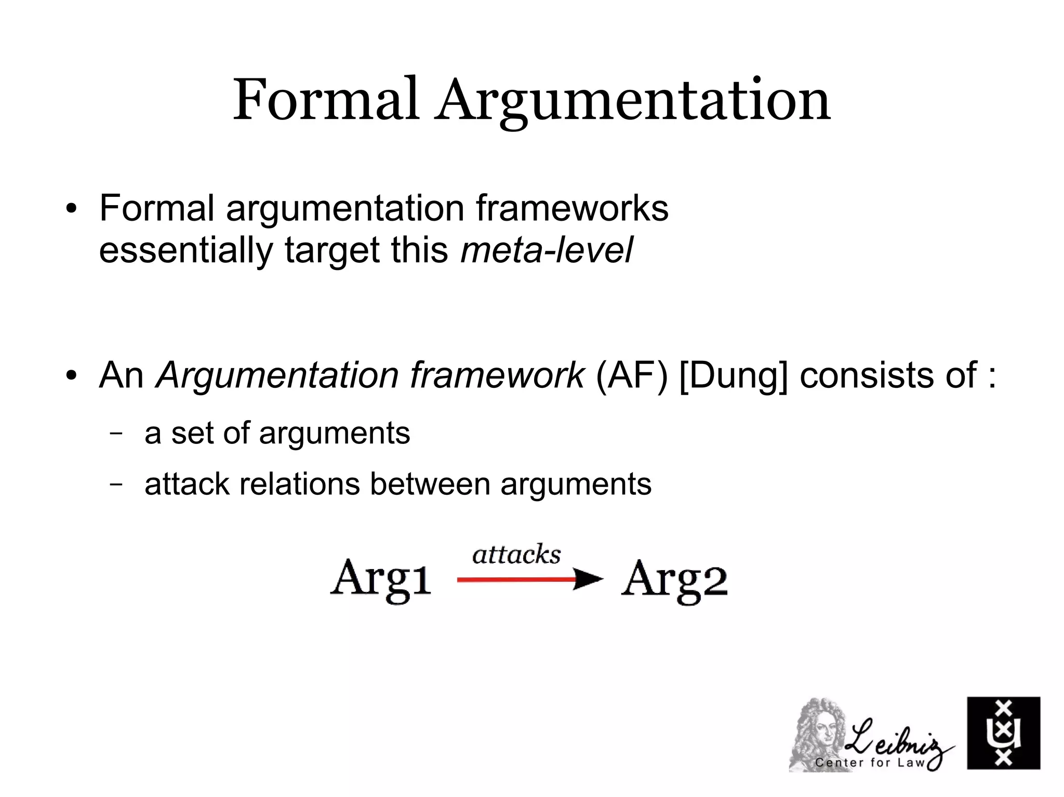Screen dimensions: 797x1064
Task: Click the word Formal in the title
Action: click(325, 100)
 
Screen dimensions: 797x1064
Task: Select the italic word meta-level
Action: click(547, 250)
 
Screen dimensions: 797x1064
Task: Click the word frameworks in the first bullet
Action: click(571, 208)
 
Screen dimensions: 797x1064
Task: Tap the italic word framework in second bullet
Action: click(497, 374)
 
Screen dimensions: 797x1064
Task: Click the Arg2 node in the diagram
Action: click(674, 580)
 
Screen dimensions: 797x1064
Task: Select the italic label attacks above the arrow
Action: click(516, 555)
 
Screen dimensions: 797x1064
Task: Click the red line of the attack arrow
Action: click(514, 579)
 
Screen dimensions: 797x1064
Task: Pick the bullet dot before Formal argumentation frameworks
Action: click(71, 210)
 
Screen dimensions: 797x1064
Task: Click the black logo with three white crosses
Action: click(1003, 733)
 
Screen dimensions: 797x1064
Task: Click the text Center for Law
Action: click(870, 763)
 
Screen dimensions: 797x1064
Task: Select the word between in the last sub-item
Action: click(430, 484)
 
